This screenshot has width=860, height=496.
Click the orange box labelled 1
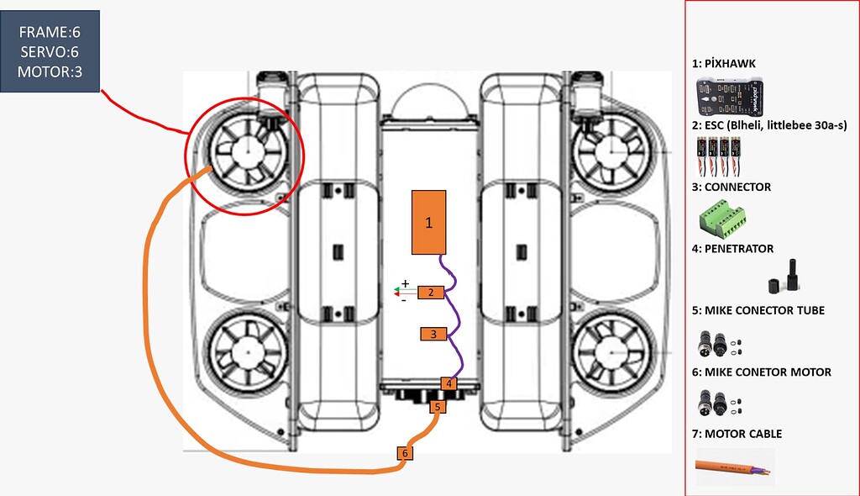(428, 222)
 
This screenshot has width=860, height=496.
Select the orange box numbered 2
(430, 293)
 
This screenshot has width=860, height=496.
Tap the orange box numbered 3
(433, 334)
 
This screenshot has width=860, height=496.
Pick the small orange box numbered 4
(449, 383)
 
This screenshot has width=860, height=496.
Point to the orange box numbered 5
(436, 407)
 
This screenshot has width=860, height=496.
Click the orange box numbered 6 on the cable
(405, 453)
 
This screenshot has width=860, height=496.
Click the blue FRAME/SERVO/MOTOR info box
(51, 51)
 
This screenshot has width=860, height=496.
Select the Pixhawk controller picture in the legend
(732, 98)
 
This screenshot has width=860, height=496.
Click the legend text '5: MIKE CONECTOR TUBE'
(758, 310)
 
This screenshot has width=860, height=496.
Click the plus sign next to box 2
(404, 283)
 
